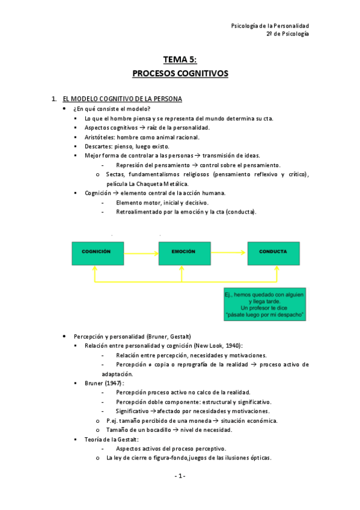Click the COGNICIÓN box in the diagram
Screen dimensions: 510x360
coord(98,253)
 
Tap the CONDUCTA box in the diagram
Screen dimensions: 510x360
coord(273,253)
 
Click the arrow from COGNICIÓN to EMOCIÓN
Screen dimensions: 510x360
coord(141,253)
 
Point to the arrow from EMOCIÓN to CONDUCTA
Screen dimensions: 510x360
coord(227,253)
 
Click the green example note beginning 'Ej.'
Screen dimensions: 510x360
coord(264,305)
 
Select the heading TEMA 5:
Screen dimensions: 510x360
coord(180,60)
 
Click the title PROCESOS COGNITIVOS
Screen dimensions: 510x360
coord(180,74)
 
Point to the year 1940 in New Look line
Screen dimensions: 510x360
coord(231,346)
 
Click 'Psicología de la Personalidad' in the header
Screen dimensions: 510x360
coord(270,26)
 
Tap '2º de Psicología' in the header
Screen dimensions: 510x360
coord(288,34)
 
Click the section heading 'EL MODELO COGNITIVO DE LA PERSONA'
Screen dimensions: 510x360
coord(122,98)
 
